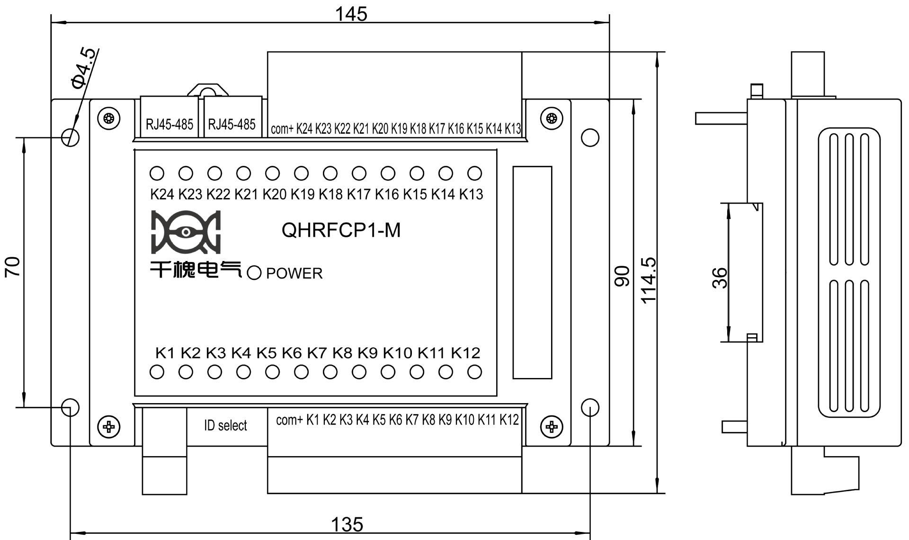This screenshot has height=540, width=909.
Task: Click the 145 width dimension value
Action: click(x=351, y=14)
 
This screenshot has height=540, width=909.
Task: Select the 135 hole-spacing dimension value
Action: click(x=347, y=525)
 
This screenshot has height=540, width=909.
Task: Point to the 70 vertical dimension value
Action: click(x=13, y=267)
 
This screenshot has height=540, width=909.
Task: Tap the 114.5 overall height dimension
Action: click(x=648, y=280)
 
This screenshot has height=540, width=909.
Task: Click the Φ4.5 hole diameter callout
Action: click(x=85, y=68)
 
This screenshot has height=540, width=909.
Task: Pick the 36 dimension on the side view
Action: click(x=719, y=278)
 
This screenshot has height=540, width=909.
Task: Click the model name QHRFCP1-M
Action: click(x=341, y=230)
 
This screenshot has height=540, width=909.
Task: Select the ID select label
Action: click(x=225, y=425)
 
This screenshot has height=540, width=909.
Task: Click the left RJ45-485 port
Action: click(x=169, y=124)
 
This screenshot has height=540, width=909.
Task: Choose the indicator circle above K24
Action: click(x=157, y=173)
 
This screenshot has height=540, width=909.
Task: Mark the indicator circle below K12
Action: click(x=474, y=372)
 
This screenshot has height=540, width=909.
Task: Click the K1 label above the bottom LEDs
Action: click(x=165, y=353)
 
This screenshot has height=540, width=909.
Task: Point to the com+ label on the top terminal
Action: click(x=282, y=129)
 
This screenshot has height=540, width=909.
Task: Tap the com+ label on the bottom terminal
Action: click(x=289, y=420)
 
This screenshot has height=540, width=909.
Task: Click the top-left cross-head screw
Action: click(x=109, y=118)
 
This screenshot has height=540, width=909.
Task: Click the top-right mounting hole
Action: click(x=590, y=138)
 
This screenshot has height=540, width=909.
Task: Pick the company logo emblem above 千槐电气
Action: click(x=186, y=232)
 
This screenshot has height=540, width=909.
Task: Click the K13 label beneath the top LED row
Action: click(x=471, y=194)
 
